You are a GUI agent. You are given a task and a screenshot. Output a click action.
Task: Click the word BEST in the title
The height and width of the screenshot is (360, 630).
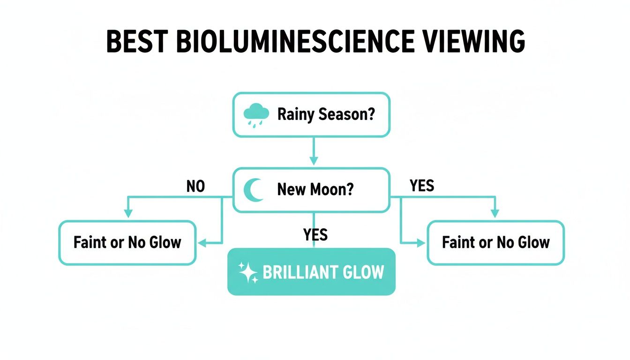coord(137,42)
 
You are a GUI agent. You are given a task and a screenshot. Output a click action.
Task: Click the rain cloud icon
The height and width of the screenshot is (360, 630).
coord(256,115)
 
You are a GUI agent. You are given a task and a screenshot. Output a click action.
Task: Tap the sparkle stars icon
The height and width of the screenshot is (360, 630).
coord(248,272)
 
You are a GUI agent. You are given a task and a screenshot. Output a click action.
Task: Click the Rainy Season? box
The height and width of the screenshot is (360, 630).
coord(311,115)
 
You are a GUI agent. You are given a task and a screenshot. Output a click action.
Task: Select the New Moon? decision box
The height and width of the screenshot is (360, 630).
coord(311,190)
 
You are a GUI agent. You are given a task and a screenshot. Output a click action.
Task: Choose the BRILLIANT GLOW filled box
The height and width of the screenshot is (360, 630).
coord(311,272)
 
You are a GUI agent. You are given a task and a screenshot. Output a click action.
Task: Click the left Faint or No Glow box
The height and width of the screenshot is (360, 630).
coord(127,243)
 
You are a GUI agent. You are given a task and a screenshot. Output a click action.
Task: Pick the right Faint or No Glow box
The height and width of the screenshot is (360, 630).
coord(495,243)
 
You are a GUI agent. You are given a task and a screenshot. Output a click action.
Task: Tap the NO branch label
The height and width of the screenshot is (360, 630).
coord(195,187)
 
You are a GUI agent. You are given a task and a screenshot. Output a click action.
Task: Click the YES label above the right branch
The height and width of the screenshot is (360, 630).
coord(422,186)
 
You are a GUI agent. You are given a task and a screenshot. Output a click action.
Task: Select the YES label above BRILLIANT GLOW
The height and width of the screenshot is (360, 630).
coord(315,234)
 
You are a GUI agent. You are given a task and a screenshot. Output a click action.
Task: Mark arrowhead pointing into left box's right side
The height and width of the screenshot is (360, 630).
coord(202,243)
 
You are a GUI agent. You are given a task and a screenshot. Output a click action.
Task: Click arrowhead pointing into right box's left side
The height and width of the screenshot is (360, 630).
coord(420,243)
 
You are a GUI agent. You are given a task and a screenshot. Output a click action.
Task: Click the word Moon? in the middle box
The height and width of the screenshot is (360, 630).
coord(333,190)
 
